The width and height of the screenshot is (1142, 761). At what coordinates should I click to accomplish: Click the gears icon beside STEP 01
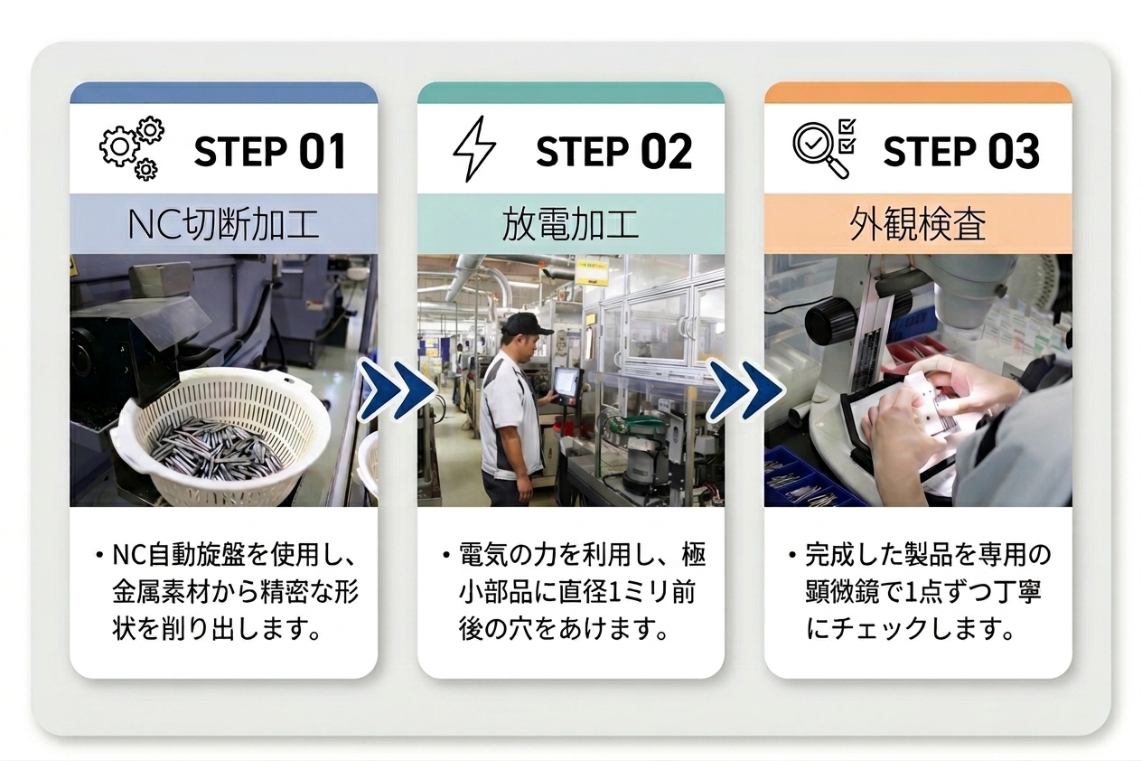pyautogui.click(x=132, y=148)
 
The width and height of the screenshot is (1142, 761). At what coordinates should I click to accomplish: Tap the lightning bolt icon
pyautogui.click(x=473, y=149)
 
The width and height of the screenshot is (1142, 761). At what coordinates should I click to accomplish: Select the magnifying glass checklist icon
pyautogui.click(x=824, y=148)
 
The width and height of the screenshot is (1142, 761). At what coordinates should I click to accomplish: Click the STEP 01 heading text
pyautogui.click(x=270, y=152)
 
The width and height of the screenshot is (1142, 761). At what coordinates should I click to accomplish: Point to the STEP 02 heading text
pyautogui.click(x=614, y=152)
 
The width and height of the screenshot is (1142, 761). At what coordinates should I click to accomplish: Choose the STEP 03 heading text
pyautogui.click(x=961, y=152)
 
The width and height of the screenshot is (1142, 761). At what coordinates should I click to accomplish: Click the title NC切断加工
pyautogui.click(x=224, y=225)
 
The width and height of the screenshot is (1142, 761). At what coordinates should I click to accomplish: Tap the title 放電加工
pyautogui.click(x=570, y=225)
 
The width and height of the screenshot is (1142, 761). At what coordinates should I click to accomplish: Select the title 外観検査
pyautogui.click(x=918, y=225)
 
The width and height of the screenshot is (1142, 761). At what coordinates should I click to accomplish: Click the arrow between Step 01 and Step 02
pyautogui.click(x=398, y=390)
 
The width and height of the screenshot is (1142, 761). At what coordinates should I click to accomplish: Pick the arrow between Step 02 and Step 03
pyautogui.click(x=744, y=390)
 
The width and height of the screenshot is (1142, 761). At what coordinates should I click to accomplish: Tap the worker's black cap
pyautogui.click(x=526, y=324)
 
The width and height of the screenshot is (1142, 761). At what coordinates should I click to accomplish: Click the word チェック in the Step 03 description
pyautogui.click(x=878, y=629)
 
